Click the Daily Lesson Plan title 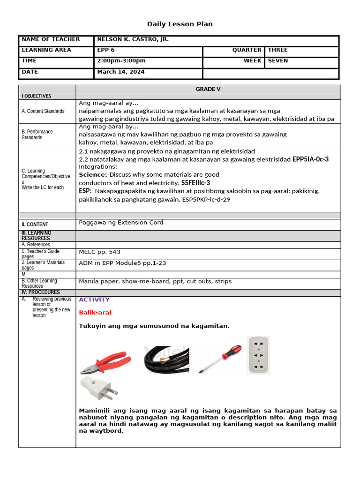coord(180,24)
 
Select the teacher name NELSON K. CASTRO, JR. coord(133,40)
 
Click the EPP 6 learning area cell coord(106,50)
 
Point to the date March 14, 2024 coord(120,72)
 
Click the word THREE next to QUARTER coord(277,50)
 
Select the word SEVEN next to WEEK coord(278,61)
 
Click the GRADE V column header coord(208,89)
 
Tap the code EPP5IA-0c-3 coord(310,159)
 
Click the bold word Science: coord(93,175)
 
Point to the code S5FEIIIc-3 coord(195,183)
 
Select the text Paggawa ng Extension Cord coord(121,223)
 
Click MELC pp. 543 coord(99,252)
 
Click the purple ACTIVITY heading coord(94,300)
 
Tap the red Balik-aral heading coord(95,313)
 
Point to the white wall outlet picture coord(258,355)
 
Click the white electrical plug coord(98,389)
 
